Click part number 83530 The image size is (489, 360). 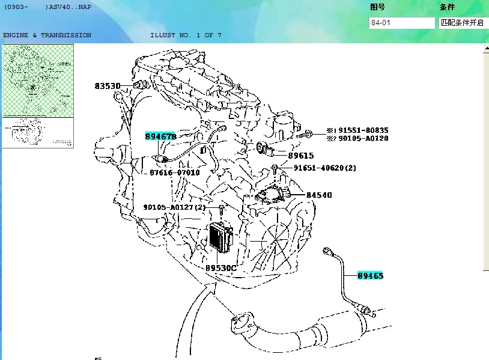pos(108,86)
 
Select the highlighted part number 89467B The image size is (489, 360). pos(160,136)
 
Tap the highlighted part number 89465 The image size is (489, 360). pos(370,276)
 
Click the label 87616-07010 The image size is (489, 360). pos(175,172)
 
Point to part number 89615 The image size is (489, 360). pos(300,156)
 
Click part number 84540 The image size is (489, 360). pos(318,195)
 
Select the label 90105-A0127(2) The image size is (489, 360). pos(174,207)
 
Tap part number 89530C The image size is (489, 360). pos(220,268)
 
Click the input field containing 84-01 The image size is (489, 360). pos(401,23)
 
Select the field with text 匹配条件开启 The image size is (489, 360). pos(463,23)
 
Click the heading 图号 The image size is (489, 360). pos(377,7)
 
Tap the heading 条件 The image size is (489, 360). pos(447,7)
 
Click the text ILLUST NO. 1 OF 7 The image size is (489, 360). pos(186,35)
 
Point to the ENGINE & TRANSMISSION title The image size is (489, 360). pos(47,35)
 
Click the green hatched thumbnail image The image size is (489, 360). pos(38,81)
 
